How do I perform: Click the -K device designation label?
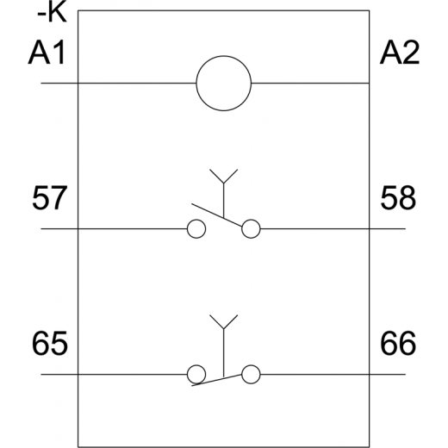pyautogui.click(x=52, y=13)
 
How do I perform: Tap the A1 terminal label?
pyautogui.click(x=47, y=53)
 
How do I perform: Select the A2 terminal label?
pyautogui.click(x=400, y=53)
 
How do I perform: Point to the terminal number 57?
pyautogui.click(x=50, y=198)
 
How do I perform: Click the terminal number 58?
pyautogui.click(x=398, y=198)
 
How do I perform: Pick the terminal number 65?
pyautogui.click(x=50, y=344)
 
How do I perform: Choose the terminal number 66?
pyautogui.click(x=398, y=344)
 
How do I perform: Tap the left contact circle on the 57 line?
pyautogui.click(x=187, y=229)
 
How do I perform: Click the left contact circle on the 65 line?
pyautogui.click(x=187, y=375)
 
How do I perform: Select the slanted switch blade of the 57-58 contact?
pyautogui.click(x=217, y=215)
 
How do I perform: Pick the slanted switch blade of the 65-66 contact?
pyautogui.click(x=217, y=380)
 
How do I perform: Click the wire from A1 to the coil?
pyautogui.click(x=118, y=84)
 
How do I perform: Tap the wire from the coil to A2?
pyautogui.click(x=310, y=84)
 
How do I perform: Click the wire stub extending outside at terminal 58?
pyautogui.click(x=388, y=229)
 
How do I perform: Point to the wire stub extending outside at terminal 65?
pyautogui.click(x=59, y=375)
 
